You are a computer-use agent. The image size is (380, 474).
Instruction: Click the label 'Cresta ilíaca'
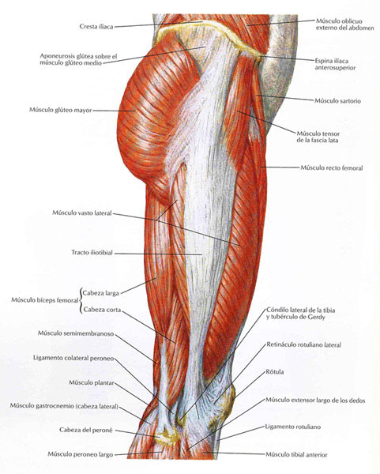coord(96,27)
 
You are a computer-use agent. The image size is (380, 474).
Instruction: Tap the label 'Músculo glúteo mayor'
coord(61,110)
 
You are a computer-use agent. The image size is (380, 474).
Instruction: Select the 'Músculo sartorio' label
coord(337,101)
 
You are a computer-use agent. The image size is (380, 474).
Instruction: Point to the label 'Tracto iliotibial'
coord(92,253)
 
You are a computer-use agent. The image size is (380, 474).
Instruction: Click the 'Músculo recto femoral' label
coord(332,167)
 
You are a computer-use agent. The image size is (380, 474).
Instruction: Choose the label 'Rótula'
coord(275,372)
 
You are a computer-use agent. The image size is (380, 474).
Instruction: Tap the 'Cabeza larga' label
coord(101,293)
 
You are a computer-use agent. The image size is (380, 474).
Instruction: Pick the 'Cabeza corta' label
coord(102,310)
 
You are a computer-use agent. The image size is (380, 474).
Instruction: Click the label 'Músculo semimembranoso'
coord(76,333)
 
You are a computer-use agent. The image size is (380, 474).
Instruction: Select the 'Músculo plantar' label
coord(92,382)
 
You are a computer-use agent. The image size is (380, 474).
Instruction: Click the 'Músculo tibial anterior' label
coord(296,455)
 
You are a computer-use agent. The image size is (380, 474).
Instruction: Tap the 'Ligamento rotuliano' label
coord(293,427)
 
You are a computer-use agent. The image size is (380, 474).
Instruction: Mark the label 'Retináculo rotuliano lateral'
coord(303,345)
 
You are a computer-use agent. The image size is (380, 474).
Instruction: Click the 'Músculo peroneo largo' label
coord(81,454)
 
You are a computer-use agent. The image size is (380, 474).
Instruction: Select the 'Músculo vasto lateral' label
coord(82,213)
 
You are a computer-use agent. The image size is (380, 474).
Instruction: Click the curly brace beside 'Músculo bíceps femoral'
coord(81,301)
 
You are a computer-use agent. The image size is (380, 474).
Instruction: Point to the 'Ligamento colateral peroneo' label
coord(73,358)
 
